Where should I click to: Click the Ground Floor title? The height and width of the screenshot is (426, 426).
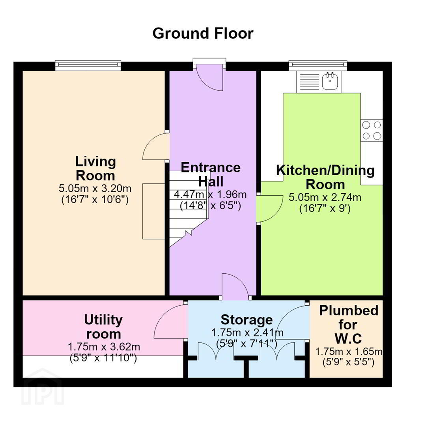(203, 34)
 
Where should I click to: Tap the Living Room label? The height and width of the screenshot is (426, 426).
(95, 168)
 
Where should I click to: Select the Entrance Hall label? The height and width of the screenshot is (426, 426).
(211, 174)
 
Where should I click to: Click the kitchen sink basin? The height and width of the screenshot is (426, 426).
(330, 81)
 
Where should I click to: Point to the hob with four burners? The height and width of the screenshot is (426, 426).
(372, 131)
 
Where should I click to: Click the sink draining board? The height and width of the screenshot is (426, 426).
(309, 82)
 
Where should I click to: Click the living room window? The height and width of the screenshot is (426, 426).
(88, 65)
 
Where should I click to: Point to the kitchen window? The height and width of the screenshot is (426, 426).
(318, 65)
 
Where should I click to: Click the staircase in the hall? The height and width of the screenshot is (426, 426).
(187, 206)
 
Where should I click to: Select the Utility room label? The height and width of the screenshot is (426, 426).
(103, 327)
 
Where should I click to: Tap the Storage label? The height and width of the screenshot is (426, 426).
(247, 320)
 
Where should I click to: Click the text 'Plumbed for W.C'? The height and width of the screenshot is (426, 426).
(349, 325)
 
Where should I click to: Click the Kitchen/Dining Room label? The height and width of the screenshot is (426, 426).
(325, 177)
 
